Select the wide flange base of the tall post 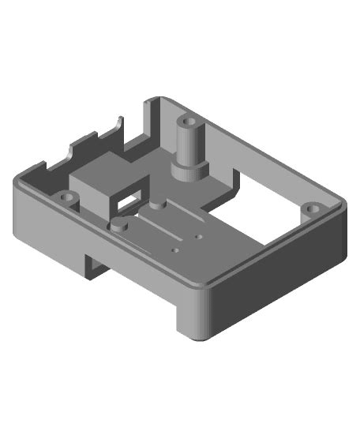click(x=190, y=168)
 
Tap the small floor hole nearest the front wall click(x=175, y=251)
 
